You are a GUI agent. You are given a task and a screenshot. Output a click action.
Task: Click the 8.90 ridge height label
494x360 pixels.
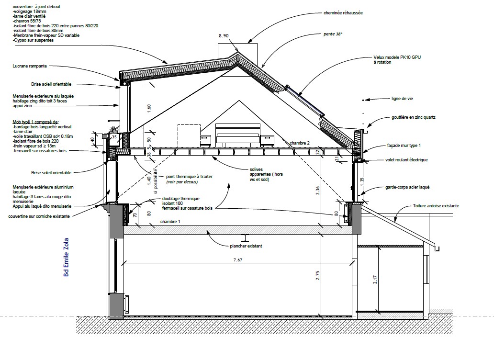224,35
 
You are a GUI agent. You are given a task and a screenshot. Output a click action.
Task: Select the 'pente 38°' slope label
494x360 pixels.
333,34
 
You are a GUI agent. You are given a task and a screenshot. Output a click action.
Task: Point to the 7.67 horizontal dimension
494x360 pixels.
238,260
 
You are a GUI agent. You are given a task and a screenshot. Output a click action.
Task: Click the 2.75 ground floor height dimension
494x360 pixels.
317,275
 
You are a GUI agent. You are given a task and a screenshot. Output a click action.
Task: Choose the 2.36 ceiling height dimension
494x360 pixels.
317,191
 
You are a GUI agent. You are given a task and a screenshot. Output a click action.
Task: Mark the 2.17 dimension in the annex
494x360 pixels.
375,280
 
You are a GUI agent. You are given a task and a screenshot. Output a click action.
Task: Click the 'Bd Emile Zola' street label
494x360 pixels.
66,258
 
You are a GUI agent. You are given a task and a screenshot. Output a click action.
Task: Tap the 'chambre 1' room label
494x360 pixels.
170,222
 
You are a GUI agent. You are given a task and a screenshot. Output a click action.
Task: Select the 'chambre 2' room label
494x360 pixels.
300,143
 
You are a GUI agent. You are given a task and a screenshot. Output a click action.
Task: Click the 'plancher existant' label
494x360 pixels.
246,246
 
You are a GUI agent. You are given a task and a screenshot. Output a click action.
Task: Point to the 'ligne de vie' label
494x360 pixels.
402,99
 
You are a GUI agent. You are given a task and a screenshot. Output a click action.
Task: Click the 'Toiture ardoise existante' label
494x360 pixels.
436,206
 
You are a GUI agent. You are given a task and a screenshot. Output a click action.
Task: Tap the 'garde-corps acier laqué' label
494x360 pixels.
407,187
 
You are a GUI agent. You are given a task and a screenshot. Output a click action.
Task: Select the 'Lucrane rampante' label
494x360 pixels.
30,66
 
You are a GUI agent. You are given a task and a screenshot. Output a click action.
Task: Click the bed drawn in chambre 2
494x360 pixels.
238,135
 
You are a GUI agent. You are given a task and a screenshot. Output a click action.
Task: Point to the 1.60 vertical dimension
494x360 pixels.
149,109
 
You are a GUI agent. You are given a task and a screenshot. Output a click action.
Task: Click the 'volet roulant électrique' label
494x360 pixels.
406,160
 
